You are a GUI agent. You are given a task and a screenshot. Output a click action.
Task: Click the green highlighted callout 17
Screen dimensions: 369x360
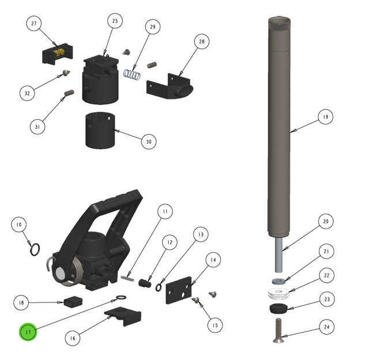tap(28, 332)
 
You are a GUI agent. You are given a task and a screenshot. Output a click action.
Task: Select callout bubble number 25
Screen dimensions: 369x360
tap(115, 21)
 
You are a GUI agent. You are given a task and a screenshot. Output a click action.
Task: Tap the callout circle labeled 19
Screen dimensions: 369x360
tap(325, 116)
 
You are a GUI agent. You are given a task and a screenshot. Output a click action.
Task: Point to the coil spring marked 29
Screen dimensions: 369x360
tap(132, 75)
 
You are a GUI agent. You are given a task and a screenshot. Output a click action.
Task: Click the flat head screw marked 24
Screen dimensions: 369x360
tap(278, 331)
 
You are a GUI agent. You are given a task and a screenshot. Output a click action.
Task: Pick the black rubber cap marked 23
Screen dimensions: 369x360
tap(278, 309)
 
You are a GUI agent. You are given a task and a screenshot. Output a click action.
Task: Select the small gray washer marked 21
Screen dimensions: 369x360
tap(278, 281)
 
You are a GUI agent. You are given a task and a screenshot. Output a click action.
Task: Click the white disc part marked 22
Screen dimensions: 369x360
tap(278, 294)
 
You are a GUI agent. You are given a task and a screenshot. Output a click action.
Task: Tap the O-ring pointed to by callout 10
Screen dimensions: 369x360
tap(35, 250)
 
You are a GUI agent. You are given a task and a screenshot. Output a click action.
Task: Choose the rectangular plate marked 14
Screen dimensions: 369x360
tap(179, 290)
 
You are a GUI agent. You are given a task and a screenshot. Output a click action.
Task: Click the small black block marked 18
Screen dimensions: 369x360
tap(73, 301)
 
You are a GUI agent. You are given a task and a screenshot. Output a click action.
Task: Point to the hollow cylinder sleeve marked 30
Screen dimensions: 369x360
tap(100, 130)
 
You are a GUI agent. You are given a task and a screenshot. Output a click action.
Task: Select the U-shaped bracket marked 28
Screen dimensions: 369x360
tap(170, 86)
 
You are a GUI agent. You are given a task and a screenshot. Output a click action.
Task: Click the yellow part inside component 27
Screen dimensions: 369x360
tap(59, 52)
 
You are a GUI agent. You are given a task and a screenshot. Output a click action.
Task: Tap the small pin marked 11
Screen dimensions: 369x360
tap(127, 278)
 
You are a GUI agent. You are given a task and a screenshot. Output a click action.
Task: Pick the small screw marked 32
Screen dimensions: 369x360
tap(66, 73)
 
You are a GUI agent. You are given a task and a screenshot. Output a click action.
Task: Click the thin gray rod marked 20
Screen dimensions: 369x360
tap(278, 255)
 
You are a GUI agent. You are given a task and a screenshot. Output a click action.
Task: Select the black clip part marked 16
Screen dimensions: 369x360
tap(123, 316)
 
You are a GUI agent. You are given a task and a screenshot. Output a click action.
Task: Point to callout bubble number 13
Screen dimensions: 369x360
tap(201, 234)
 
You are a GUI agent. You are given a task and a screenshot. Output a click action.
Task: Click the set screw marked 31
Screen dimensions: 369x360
tap(69, 93)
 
